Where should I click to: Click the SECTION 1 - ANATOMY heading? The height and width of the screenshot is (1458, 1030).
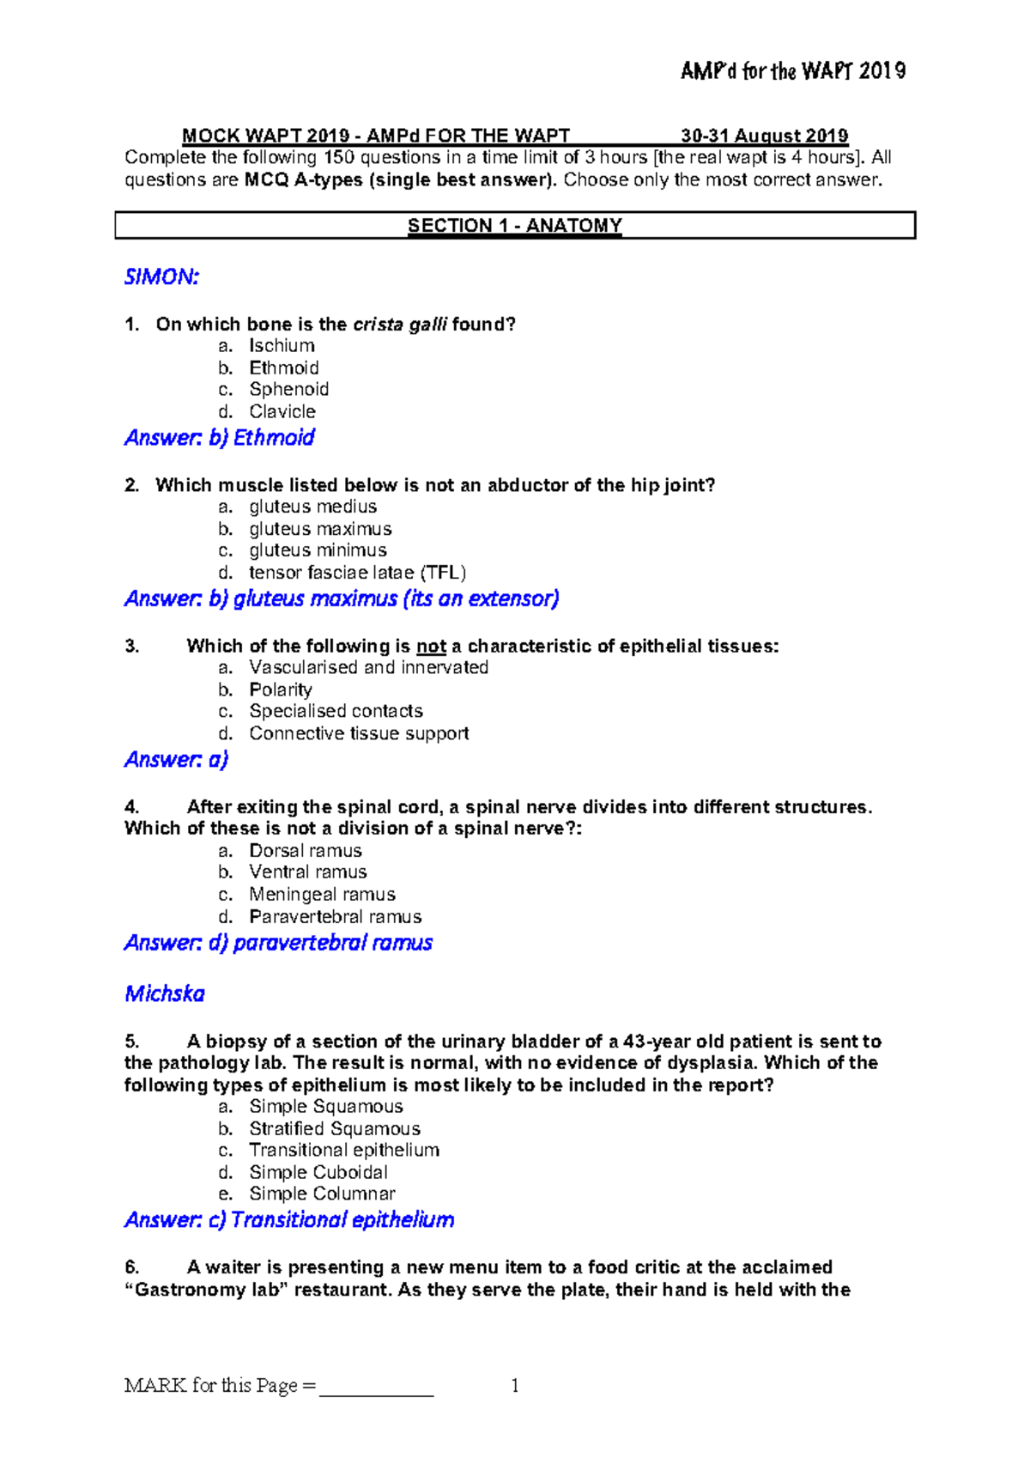tap(514, 226)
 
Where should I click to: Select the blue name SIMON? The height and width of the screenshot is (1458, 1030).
tap(161, 277)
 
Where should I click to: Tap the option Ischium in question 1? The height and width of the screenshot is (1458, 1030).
tap(282, 346)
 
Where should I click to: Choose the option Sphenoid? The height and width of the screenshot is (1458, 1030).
tap(288, 390)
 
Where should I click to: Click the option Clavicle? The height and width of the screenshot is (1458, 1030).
tap(282, 412)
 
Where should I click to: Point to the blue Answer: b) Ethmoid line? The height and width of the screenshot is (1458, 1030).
tap(220, 438)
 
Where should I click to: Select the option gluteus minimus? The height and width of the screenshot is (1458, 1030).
tap(318, 550)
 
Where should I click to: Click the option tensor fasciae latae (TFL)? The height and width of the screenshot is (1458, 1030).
tap(357, 573)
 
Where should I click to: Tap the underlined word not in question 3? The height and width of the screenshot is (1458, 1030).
tap(431, 647)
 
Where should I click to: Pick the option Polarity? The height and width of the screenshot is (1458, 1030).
tap(280, 690)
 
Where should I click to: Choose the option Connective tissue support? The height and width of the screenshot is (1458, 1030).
tap(359, 734)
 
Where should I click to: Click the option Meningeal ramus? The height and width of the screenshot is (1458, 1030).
tap(322, 895)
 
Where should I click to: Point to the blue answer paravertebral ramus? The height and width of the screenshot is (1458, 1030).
tap(332, 943)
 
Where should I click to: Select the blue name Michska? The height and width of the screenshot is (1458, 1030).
tap(165, 994)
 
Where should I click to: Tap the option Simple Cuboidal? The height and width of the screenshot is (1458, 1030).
tap(318, 1173)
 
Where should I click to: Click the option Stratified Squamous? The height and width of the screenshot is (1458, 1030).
tap(335, 1129)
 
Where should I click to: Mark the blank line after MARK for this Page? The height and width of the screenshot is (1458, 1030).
tap(376, 1387)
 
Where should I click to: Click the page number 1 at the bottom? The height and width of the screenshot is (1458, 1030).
tap(514, 1386)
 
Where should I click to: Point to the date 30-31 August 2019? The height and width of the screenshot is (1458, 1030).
tap(764, 136)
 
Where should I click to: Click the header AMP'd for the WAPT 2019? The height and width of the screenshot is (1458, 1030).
tap(792, 71)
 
